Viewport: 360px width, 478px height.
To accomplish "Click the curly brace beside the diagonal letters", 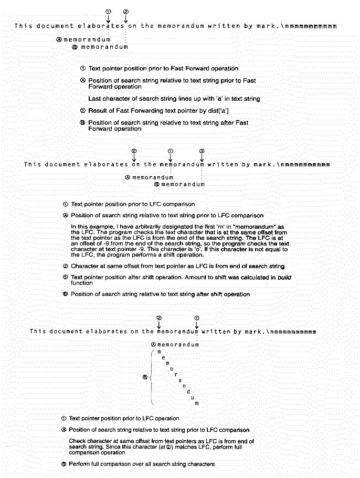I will pos(151,377).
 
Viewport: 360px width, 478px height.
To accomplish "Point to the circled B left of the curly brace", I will pos(145,377).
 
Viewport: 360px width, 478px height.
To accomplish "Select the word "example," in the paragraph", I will pos(87,225).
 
